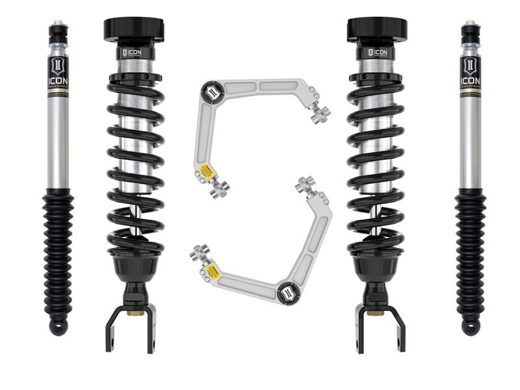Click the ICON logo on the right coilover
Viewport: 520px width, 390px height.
[x=377, y=51]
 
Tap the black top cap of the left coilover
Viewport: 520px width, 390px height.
[x=135, y=28]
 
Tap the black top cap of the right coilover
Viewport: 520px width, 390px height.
[x=377, y=28]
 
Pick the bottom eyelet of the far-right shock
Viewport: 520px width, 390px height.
[x=470, y=328]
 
